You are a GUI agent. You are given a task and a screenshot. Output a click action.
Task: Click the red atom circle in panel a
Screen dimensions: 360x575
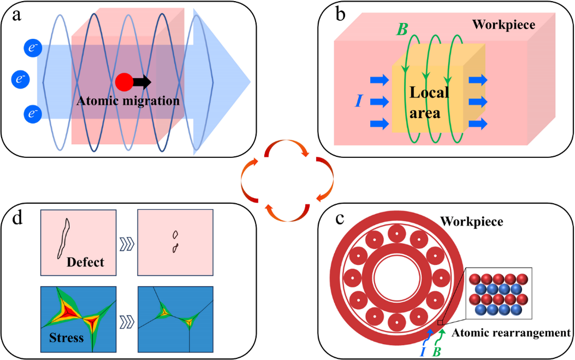124,82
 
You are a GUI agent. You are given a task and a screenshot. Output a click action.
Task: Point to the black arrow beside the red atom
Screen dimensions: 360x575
141,82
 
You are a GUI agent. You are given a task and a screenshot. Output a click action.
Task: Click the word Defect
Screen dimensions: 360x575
85,262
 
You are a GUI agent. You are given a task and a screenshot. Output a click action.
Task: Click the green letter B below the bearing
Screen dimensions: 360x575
436,352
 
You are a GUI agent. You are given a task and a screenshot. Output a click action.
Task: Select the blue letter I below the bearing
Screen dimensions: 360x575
423,352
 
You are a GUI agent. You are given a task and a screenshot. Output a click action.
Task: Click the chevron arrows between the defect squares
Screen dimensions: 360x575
127,243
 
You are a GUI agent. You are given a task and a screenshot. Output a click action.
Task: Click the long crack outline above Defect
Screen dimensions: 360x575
63,238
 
